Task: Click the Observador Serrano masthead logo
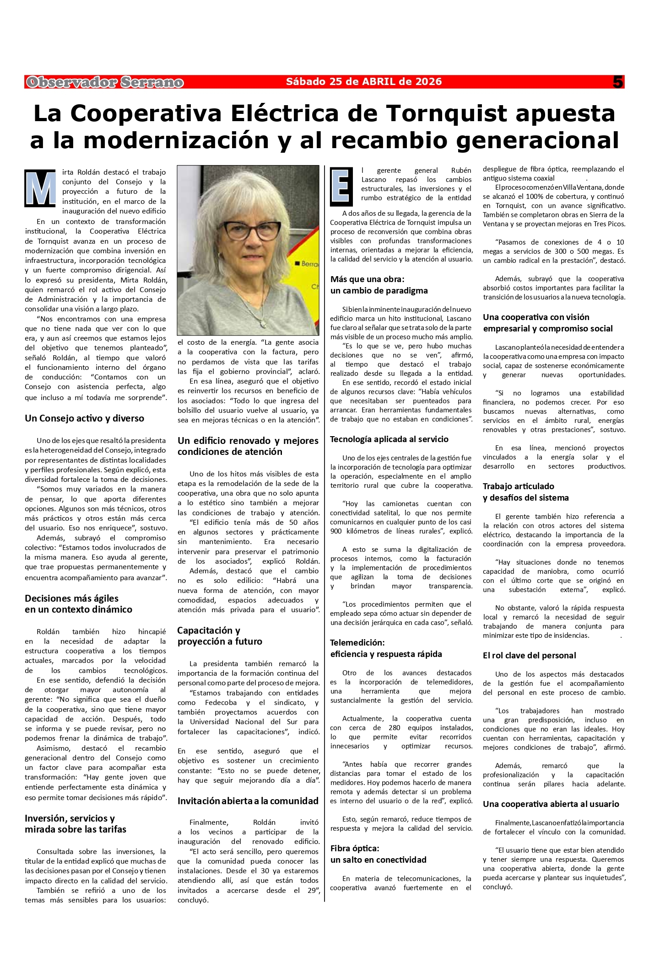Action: (105, 82)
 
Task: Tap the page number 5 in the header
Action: (618, 82)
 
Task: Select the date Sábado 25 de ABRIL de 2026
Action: (364, 82)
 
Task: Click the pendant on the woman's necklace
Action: (263, 323)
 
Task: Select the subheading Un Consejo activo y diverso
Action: (84, 418)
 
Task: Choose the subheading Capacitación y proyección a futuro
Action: (220, 636)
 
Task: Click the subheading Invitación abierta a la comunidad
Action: (248, 801)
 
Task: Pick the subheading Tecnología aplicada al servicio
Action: (389, 439)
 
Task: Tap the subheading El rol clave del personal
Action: (529, 656)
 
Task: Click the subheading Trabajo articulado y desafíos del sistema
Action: (525, 492)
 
